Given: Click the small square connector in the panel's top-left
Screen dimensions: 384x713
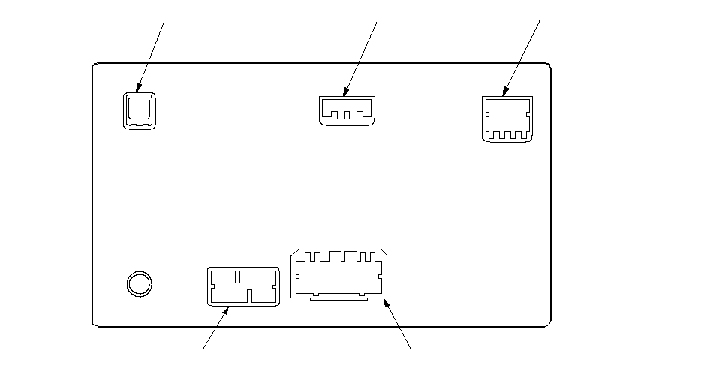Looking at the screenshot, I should [139, 111].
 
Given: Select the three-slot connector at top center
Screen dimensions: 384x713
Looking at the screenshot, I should [346, 110].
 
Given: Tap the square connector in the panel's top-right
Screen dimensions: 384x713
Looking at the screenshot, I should [507, 118].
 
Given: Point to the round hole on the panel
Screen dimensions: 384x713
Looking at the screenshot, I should [138, 283].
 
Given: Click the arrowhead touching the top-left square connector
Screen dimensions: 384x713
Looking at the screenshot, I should [139, 89].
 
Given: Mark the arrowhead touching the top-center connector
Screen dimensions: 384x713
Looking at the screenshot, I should [346, 95].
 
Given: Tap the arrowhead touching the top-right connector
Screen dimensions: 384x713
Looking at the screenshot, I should [504, 95].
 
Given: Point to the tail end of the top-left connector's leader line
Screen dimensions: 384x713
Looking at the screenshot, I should [164, 20].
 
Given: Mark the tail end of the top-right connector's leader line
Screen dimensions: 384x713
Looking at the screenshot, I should [540, 20].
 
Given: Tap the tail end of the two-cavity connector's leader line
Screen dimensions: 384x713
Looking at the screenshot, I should [204, 348].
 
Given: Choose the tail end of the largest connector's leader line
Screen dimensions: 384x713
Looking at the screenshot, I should [411, 348].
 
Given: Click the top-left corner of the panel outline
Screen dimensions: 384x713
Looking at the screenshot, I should [93, 63].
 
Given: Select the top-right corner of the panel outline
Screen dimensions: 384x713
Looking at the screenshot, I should [551, 63].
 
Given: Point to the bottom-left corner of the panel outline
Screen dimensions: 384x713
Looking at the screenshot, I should [93, 326].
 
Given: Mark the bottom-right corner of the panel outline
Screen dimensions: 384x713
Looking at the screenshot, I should [551, 326].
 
